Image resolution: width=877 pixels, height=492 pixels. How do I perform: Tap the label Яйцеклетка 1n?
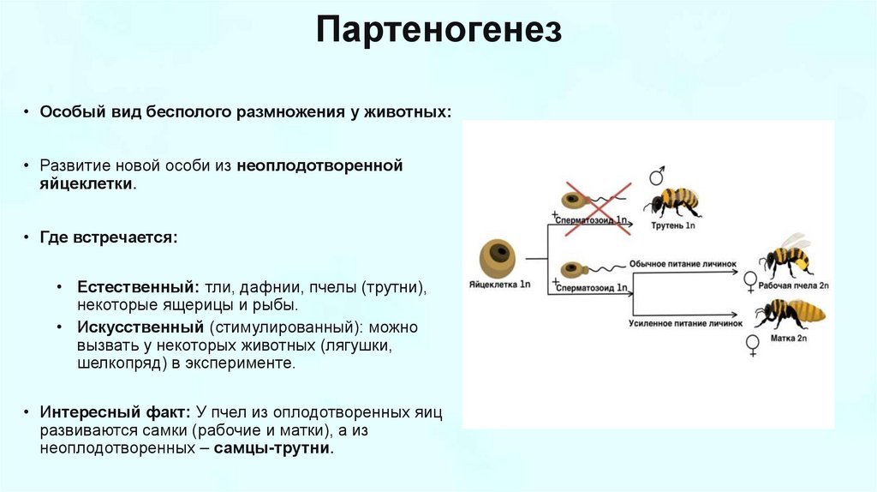[x=502, y=283]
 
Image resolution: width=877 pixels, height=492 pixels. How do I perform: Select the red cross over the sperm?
[x=596, y=205]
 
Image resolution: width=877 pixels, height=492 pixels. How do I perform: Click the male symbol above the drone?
[x=657, y=177]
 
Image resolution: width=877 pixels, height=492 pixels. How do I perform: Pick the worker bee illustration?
[x=787, y=255]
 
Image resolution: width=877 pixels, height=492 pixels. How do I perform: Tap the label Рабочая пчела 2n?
[x=796, y=283]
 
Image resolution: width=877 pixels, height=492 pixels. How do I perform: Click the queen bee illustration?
[x=790, y=313]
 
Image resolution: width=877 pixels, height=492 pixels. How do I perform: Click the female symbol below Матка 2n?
[x=753, y=345]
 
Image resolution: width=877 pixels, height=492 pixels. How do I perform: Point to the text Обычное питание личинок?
[x=683, y=265]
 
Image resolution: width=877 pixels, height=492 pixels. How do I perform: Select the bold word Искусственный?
[x=140, y=327]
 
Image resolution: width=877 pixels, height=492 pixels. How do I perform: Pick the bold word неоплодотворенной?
[x=320, y=165]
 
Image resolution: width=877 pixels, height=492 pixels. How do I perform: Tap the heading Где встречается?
[x=108, y=237]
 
